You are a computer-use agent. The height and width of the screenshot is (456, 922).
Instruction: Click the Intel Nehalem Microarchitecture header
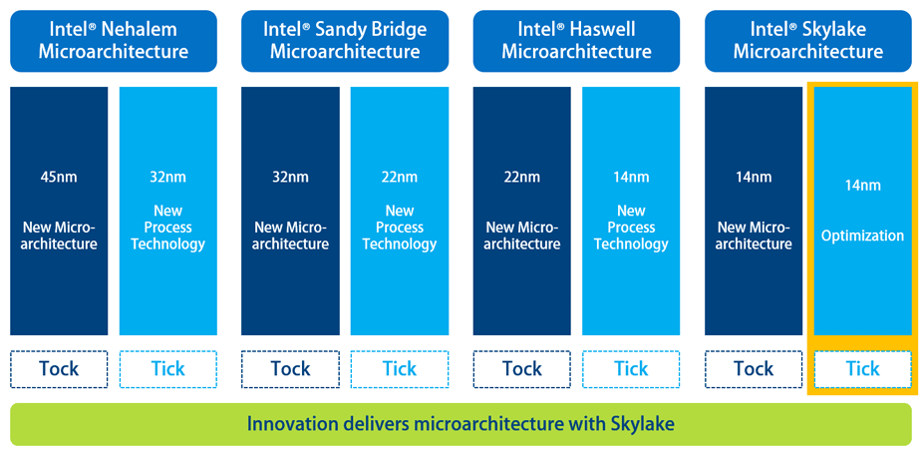coord(114,41)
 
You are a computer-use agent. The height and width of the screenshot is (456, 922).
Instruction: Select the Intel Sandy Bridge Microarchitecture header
coord(345,41)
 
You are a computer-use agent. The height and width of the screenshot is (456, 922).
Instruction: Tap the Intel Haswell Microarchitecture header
coord(576,41)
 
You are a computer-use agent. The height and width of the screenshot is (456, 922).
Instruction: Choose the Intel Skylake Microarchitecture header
coord(808,41)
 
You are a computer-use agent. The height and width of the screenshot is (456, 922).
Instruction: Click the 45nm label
coord(59,177)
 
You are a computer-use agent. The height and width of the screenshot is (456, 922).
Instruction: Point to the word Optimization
coord(862,235)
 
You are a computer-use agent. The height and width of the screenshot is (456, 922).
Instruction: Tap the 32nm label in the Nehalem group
coord(168,177)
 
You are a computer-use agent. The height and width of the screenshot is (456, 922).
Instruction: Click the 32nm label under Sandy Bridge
coord(290,177)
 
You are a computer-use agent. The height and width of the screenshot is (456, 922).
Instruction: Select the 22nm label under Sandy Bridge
coord(400,177)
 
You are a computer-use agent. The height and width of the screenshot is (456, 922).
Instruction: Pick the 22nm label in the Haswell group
coord(522,177)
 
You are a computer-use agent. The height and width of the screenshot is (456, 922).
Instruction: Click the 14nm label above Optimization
coord(862,186)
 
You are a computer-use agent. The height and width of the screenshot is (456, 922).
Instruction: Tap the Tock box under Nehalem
coord(59,369)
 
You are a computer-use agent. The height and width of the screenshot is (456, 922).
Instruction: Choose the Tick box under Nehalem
coord(168,369)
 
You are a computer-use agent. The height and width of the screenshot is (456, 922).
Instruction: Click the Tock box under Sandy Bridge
coord(290,369)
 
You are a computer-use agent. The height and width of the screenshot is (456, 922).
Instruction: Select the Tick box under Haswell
coord(631,369)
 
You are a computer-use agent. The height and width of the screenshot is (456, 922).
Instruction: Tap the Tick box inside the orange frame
coord(862,369)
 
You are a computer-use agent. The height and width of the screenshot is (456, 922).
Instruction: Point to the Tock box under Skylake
coord(754,369)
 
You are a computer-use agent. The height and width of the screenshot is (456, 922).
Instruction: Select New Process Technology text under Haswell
coord(631,228)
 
